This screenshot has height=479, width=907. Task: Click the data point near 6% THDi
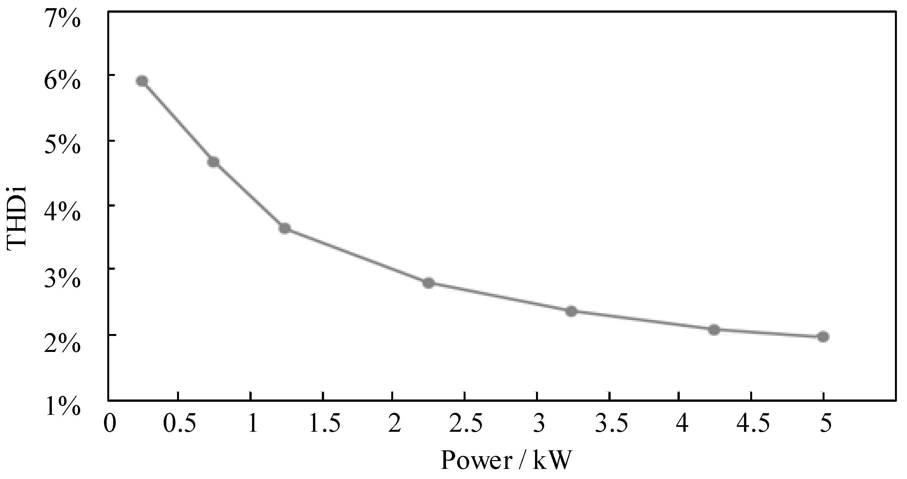pyautogui.click(x=142, y=81)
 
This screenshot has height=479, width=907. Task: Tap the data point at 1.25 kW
pyautogui.click(x=285, y=228)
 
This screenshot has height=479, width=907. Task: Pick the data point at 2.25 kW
pyautogui.click(x=428, y=283)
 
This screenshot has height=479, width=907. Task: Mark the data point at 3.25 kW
pyautogui.click(x=571, y=311)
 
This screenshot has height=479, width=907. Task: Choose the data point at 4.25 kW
pyautogui.click(x=714, y=330)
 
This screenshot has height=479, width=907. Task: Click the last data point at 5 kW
pyautogui.click(x=823, y=337)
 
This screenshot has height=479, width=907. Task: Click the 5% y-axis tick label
pyautogui.click(x=62, y=145)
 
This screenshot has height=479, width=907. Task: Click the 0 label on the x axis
pyautogui.click(x=110, y=423)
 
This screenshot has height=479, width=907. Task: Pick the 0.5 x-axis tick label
pyautogui.click(x=180, y=423)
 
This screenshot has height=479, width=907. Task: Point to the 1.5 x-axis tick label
pyautogui.click(x=324, y=423)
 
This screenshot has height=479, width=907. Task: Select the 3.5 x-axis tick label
pyautogui.click(x=612, y=423)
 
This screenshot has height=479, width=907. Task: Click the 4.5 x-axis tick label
pyautogui.click(x=753, y=423)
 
